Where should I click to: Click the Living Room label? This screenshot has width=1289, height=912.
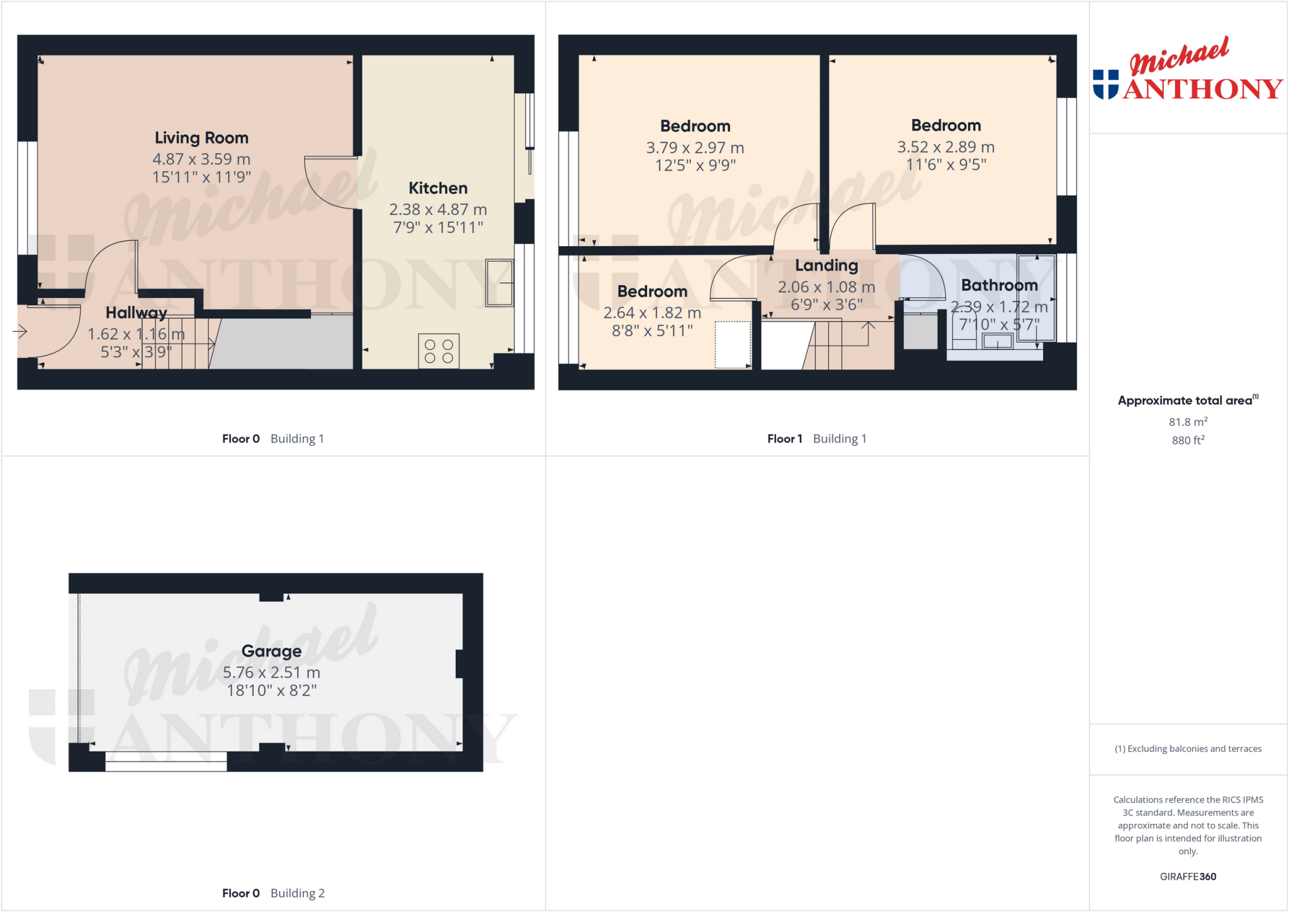[201, 138]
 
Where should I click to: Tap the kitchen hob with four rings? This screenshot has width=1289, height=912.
[439, 351]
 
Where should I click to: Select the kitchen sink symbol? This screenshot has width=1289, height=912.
[500, 283]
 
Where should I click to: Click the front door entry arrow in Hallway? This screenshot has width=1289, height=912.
[20, 331]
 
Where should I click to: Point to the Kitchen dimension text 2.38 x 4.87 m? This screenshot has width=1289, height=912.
[438, 210]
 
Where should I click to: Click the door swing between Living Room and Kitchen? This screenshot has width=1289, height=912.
[330, 183]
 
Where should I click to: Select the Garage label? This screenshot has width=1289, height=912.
[271, 651]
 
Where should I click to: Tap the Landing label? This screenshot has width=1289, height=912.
[826, 266]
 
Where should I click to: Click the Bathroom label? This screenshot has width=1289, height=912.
[999, 285]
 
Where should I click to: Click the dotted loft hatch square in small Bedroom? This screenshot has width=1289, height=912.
[733, 344]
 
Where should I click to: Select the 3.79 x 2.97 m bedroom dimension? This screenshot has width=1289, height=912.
[695, 148]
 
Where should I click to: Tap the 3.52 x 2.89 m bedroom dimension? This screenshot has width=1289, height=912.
[945, 147]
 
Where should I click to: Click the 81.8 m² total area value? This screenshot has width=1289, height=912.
[1188, 422]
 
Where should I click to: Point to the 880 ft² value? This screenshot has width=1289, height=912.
[1188, 440]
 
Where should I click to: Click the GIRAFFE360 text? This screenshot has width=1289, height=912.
[1188, 876]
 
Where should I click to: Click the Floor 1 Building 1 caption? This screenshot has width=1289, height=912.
[816, 439]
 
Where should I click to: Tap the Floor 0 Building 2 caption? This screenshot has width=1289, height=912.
[273, 893]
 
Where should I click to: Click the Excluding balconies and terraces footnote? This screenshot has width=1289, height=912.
[1188, 748]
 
